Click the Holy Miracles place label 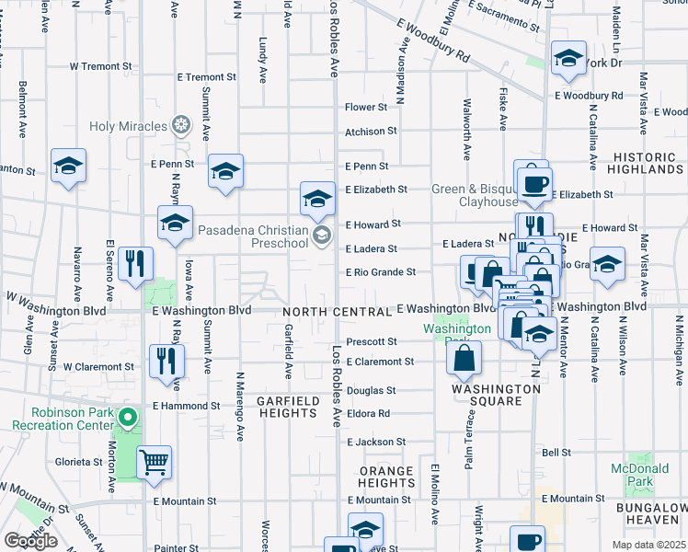pos(128,125)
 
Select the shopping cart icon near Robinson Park pos(154,461)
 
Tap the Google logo pos(30,541)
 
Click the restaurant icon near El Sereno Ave pos(136,263)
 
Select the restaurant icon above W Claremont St pos(166,361)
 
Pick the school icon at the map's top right pos(569,59)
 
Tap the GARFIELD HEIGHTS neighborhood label pos(288,407)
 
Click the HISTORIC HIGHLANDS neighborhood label pos(646,163)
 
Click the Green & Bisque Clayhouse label pos(476,196)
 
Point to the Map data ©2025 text pos(648,545)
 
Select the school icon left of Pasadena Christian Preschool pos(175,223)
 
